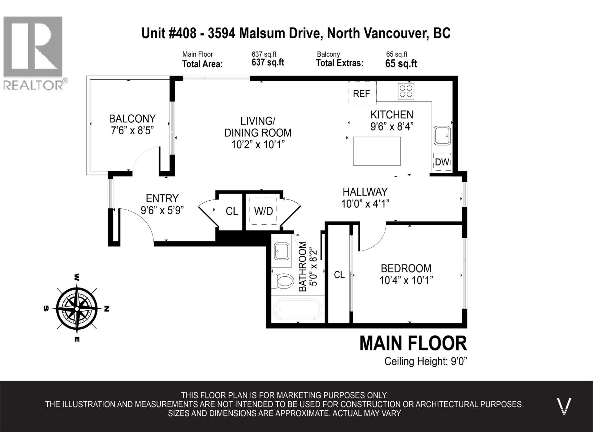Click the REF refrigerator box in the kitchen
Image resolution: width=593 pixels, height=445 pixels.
[362, 93]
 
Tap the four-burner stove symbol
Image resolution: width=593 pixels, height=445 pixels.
[406, 91]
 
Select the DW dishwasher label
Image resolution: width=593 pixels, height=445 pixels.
[442, 162]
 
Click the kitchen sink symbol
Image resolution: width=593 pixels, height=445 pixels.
[443, 136]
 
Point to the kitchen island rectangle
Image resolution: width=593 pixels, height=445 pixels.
[377, 151]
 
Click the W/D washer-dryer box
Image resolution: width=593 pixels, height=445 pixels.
[264, 211]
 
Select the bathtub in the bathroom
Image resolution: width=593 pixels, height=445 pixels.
[298, 309]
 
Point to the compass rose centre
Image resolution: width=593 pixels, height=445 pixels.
[77, 309]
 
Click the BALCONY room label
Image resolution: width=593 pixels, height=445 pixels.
[132, 119]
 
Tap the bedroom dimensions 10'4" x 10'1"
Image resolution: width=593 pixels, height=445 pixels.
[406, 280]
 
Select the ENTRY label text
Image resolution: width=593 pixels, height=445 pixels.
[162, 198]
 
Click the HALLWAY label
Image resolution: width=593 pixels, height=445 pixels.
[365, 192]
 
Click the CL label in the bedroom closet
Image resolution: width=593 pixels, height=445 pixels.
[339, 275]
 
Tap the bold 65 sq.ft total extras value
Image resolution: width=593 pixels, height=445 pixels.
[401, 64]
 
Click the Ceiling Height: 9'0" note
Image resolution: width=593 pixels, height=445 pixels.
[425, 361]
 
